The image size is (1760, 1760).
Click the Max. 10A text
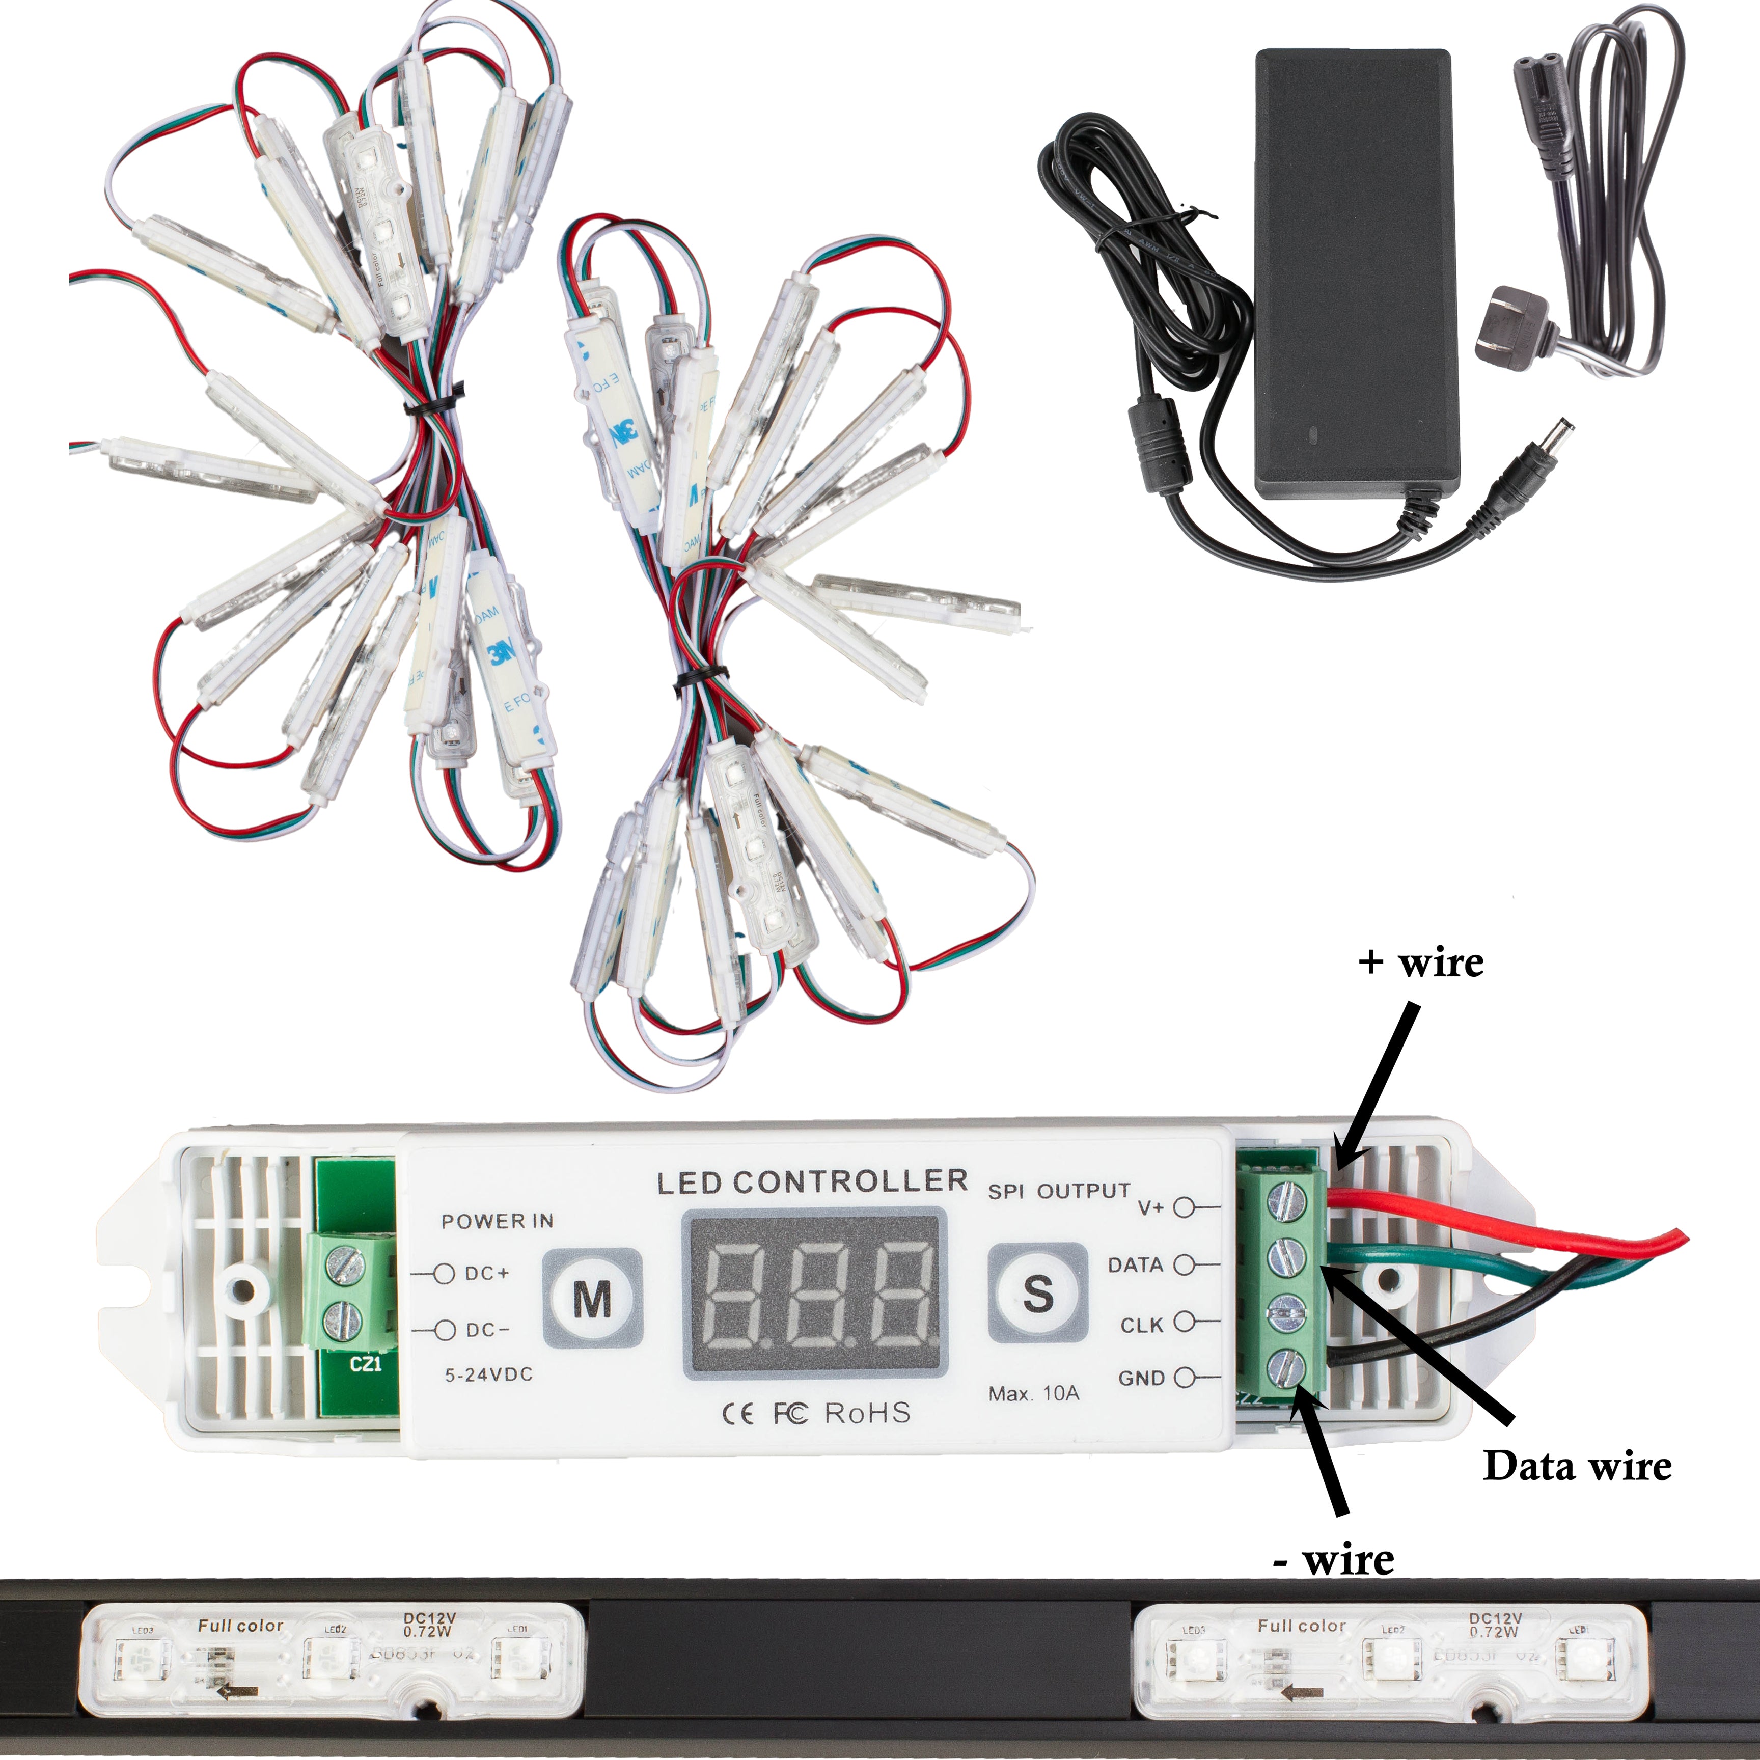(1034, 1393)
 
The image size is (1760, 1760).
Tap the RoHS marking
(867, 1413)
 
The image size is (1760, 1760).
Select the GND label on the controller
(1141, 1378)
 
